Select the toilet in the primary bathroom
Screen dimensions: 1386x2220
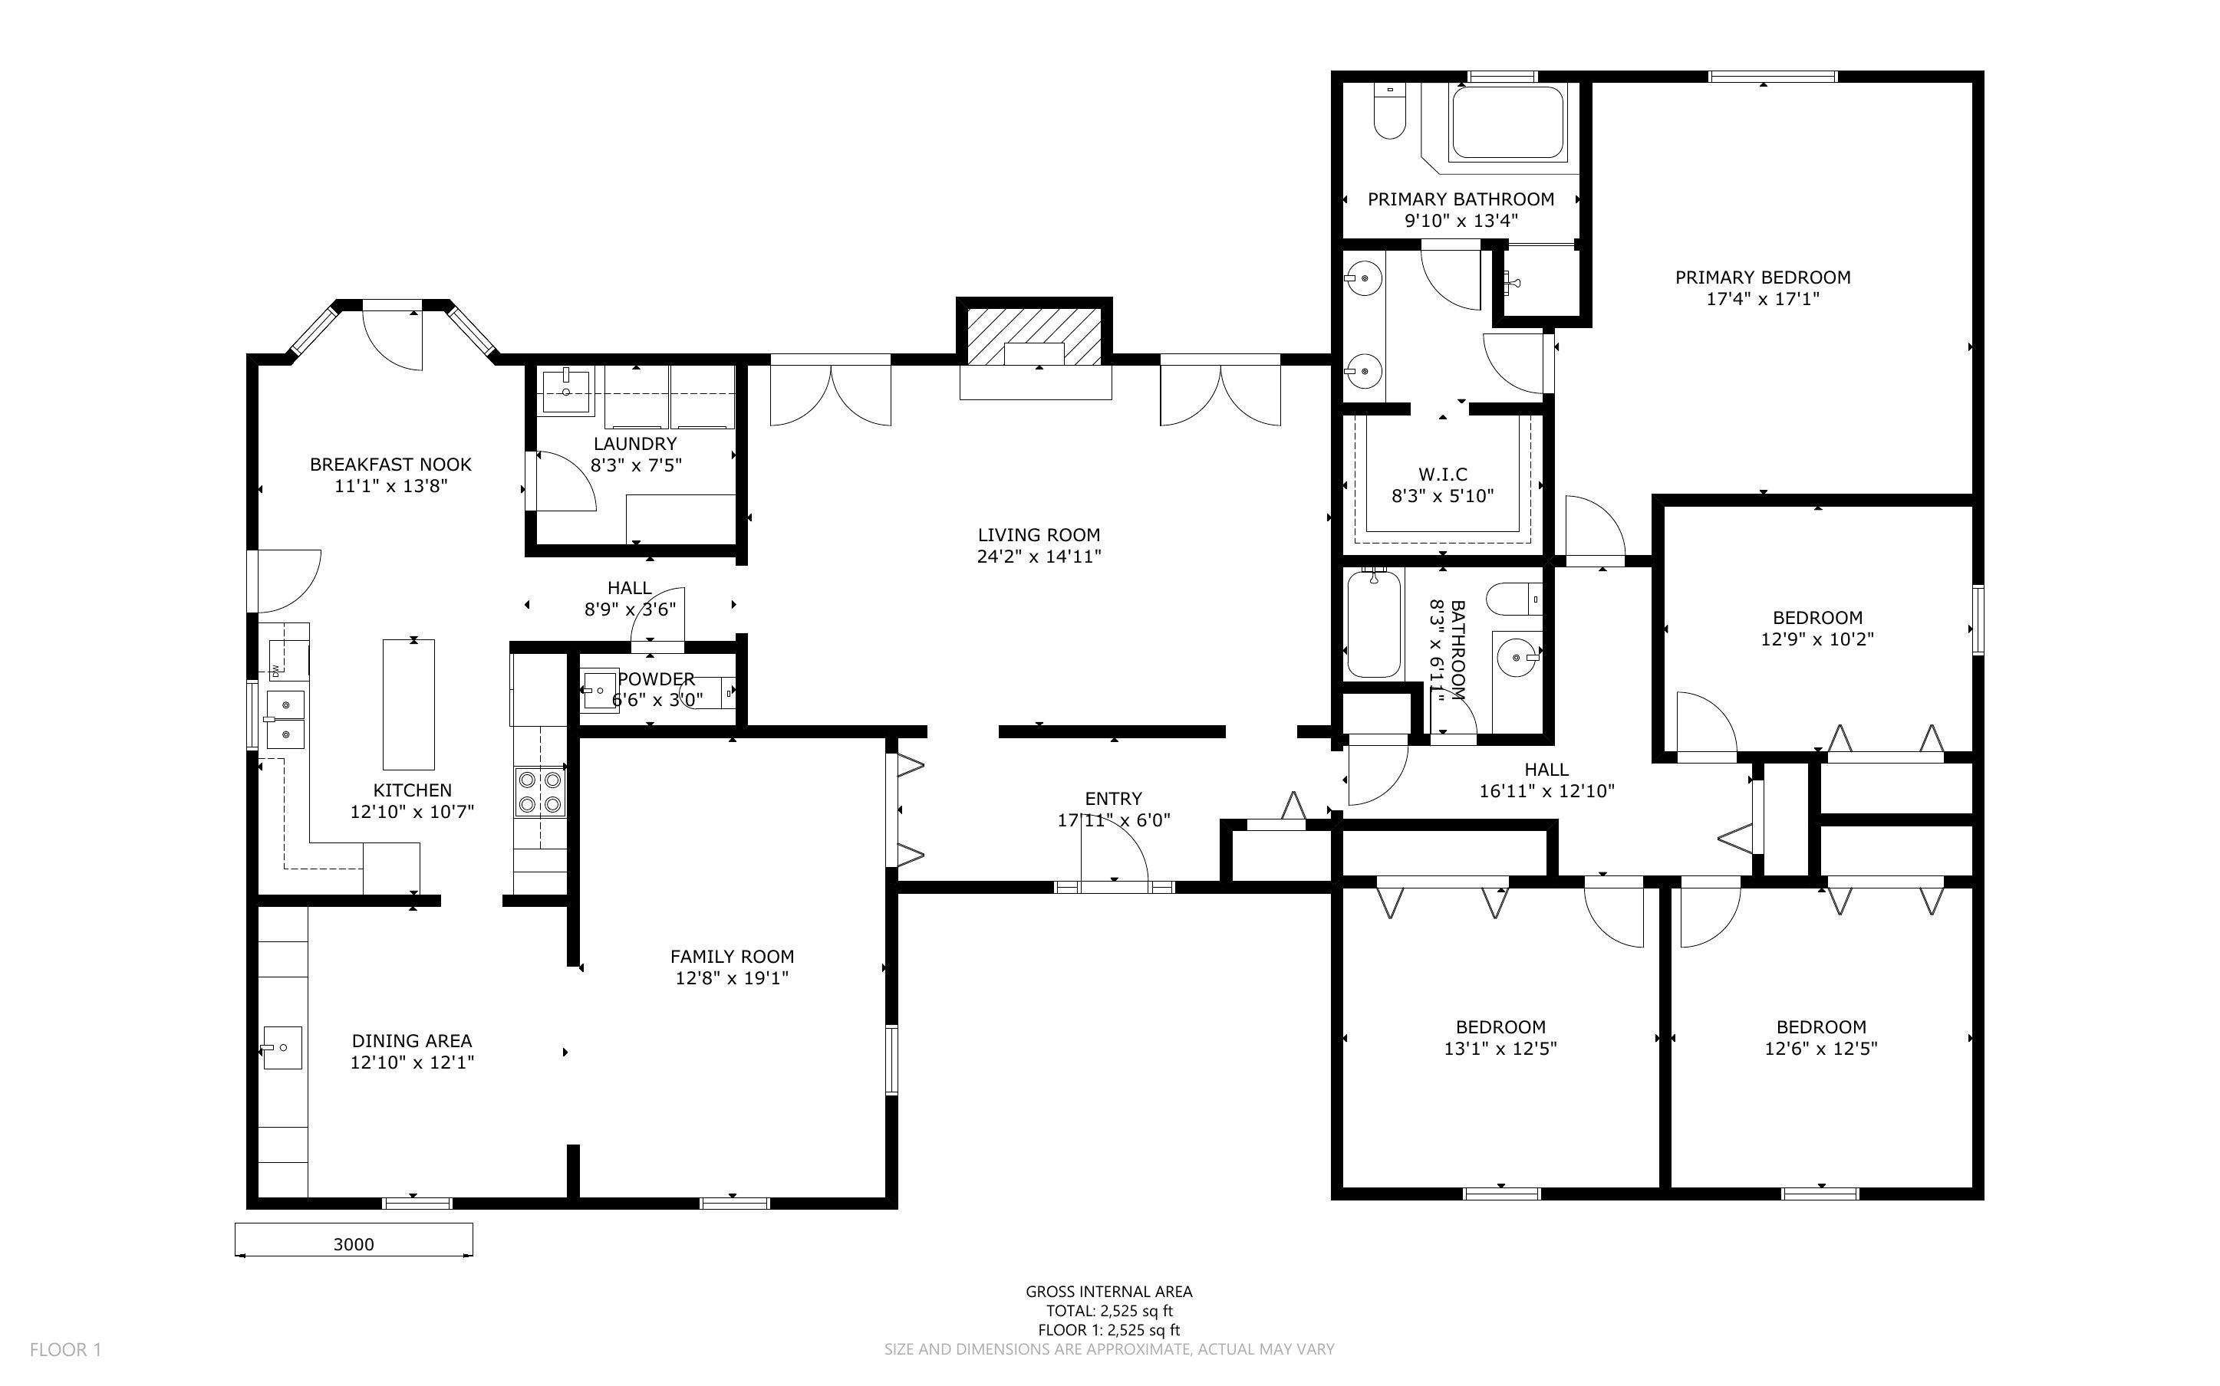pyautogui.click(x=1389, y=113)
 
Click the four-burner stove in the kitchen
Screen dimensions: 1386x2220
pyautogui.click(x=540, y=792)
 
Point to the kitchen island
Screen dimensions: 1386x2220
pyautogui.click(x=408, y=704)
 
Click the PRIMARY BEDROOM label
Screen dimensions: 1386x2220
pyautogui.click(x=1761, y=277)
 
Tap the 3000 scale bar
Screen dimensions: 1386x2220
pyautogui.click(x=353, y=1244)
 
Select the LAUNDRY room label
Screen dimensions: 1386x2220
pyautogui.click(x=634, y=444)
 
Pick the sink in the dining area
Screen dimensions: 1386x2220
pyautogui.click(x=282, y=1047)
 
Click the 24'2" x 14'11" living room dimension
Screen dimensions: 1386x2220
pyautogui.click(x=1038, y=557)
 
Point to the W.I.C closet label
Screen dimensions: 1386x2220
pyautogui.click(x=1442, y=474)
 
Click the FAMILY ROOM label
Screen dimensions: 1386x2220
pyautogui.click(x=732, y=956)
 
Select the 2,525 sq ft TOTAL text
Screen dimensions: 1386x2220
pyautogui.click(x=1108, y=1311)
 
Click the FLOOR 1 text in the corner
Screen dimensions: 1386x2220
pyautogui.click(x=65, y=1349)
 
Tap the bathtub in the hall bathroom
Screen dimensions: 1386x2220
pyautogui.click(x=1374, y=623)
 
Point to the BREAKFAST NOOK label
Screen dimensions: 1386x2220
pyautogui.click(x=390, y=464)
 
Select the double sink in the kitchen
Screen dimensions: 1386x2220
pyautogui.click(x=285, y=720)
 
